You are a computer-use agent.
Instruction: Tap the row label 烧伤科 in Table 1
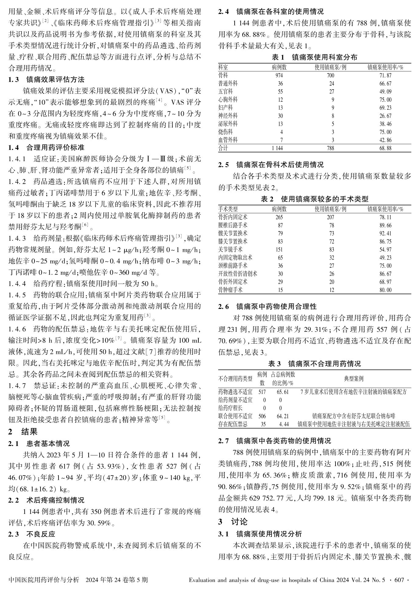pyautogui.click(x=225, y=132)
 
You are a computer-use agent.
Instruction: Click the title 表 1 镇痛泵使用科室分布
pyautogui.click(x=314, y=57)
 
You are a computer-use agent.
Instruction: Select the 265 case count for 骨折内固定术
pyautogui.click(x=279, y=217)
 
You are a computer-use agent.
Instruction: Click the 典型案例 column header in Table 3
pyautogui.click(x=353, y=379)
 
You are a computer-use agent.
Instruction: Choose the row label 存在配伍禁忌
pyautogui.click(x=233, y=424)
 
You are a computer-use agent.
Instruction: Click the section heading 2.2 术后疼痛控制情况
pyautogui.click(x=46, y=500)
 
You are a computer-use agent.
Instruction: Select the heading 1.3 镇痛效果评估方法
pyautogui.click(x=46, y=80)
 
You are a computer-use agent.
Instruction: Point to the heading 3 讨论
pyautogui.click(x=233, y=522)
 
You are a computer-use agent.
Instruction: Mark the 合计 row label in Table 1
pyautogui.click(x=223, y=148)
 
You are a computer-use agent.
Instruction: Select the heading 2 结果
pyautogui.click(x=23, y=432)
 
